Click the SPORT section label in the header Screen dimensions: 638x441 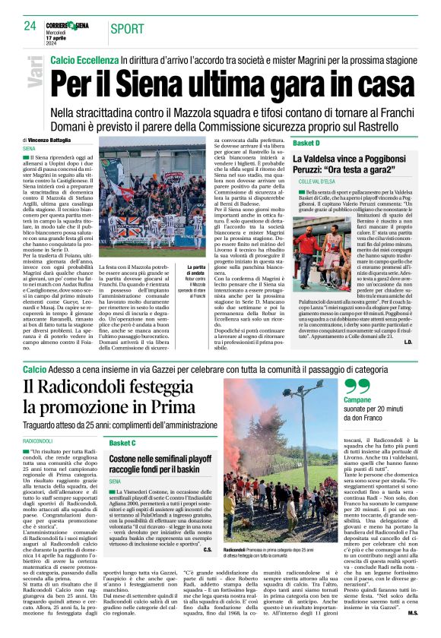126,30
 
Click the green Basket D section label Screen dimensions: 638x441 306,143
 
